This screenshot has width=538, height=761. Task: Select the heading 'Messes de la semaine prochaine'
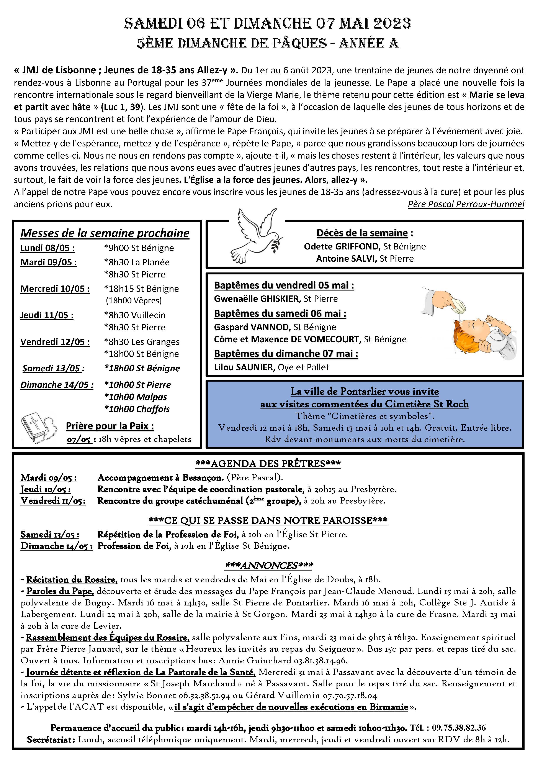point(105,233)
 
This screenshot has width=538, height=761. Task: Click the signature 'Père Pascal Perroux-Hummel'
point(466,204)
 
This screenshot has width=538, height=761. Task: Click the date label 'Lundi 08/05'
point(47,248)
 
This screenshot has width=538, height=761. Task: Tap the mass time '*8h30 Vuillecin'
point(134,315)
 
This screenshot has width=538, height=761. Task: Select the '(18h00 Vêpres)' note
point(134,301)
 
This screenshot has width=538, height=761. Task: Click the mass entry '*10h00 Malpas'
point(136,397)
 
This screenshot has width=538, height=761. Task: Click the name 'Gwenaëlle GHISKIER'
point(257,299)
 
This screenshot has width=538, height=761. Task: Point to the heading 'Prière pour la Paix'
point(110,426)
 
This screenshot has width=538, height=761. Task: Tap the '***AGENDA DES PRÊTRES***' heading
point(268,464)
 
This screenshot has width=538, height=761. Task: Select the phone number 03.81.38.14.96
point(320,661)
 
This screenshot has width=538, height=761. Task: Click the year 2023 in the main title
point(392,23)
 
